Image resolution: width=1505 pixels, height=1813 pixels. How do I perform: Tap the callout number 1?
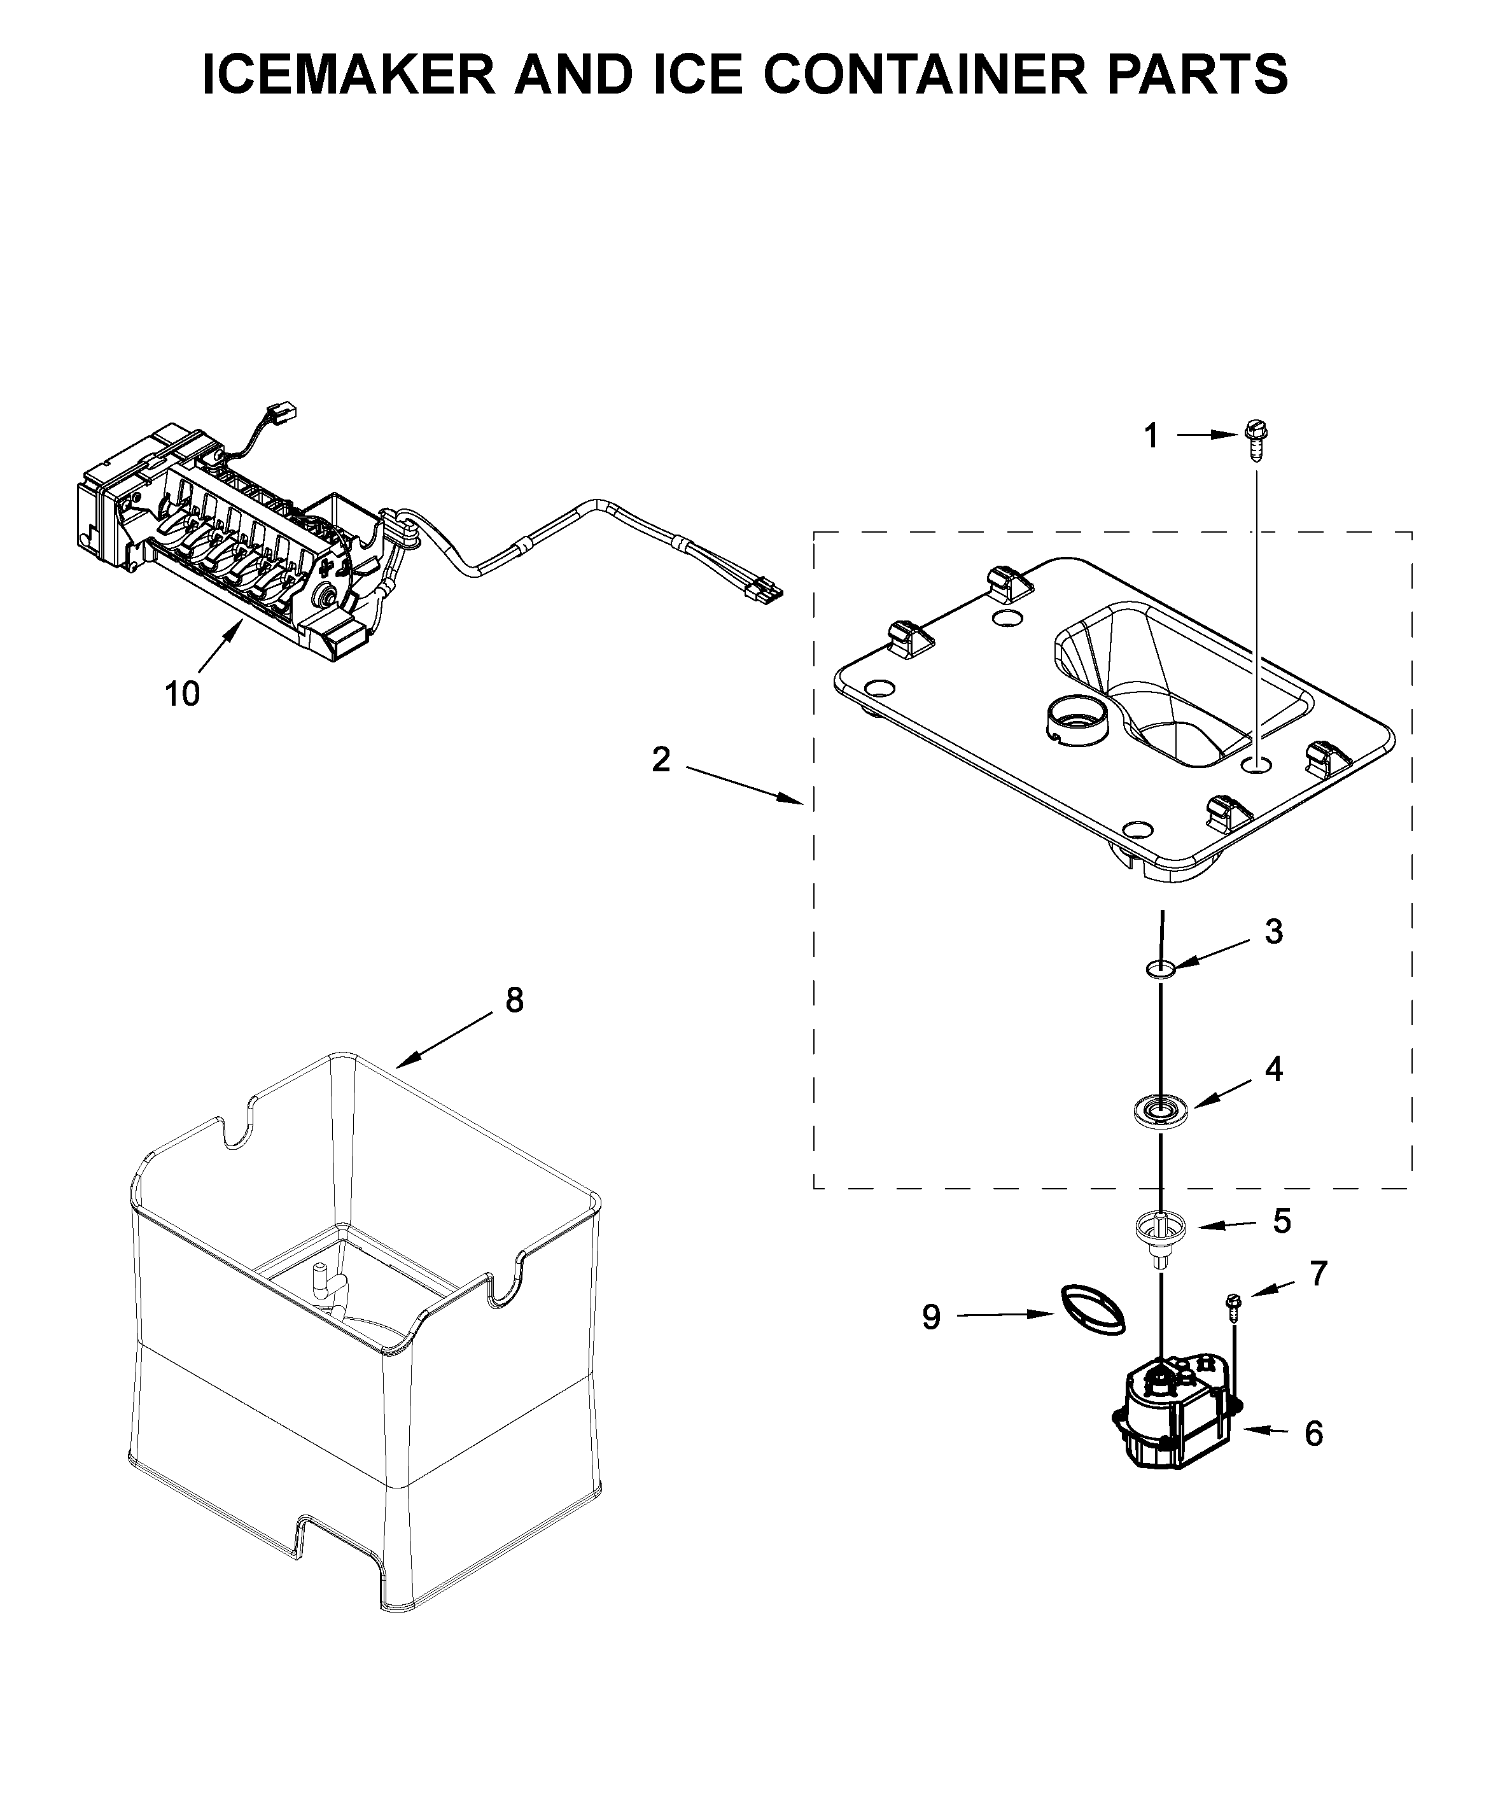click(x=1151, y=437)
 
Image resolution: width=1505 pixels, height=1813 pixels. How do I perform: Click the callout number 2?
click(x=661, y=760)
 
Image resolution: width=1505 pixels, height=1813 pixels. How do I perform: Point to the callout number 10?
click(x=182, y=693)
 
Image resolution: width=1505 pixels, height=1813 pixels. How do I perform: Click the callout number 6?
click(x=1312, y=1434)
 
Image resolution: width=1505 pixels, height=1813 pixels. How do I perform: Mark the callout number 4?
click(x=1273, y=1070)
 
